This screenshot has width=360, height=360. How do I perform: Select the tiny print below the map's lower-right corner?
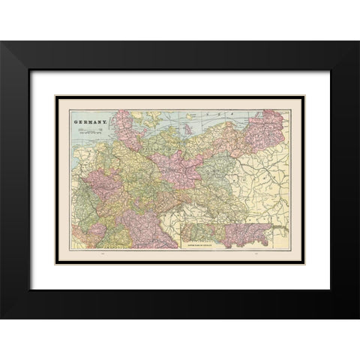256,260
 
